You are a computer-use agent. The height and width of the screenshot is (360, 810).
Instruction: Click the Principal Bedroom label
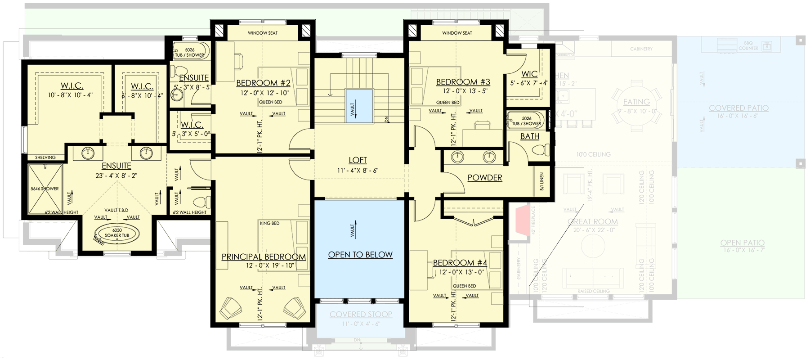tap(264, 257)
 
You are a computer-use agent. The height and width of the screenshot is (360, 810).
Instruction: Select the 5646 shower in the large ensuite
tap(45, 189)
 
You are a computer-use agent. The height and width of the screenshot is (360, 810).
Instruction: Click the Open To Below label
tap(360, 255)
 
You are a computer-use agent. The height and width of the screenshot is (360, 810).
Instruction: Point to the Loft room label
tap(358, 160)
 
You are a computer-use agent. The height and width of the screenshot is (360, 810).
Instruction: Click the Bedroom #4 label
tap(460, 263)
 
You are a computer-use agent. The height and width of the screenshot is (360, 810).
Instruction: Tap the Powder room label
tap(484, 178)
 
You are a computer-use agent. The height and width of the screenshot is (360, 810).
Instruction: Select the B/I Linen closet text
tap(541, 181)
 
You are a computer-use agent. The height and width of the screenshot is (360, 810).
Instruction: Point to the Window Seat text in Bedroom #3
tap(457, 33)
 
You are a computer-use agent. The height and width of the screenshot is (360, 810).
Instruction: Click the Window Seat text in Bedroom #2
tap(263, 33)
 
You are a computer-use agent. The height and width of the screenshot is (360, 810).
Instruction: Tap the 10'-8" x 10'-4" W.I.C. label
tap(72, 86)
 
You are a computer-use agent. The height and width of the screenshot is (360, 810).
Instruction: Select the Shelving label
tap(45, 157)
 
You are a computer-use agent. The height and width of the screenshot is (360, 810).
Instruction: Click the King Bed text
tap(269, 223)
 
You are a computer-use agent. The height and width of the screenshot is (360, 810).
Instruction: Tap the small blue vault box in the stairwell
tap(359, 106)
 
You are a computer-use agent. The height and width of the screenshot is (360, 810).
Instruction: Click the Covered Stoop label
tap(361, 315)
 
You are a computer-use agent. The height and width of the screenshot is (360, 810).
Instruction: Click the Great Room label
tap(592, 221)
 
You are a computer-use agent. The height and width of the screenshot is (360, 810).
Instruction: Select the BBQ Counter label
tap(748, 45)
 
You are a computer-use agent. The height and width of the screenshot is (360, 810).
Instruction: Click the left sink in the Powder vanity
tap(458, 157)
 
